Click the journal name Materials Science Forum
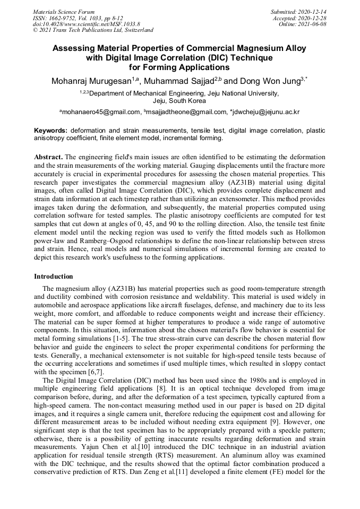click(64, 11)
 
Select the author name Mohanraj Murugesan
click(93, 81)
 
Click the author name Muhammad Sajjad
click(178, 81)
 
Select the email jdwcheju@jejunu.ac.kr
click(265, 112)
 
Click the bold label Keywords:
click(51, 130)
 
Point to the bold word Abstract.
click(48, 158)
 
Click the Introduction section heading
click(54, 277)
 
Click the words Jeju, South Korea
click(179, 100)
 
